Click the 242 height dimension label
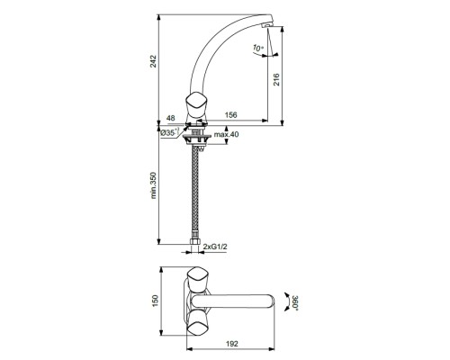pyautogui.click(x=154, y=61)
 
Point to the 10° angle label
pyautogui.click(x=258, y=48)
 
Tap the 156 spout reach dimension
pyautogui.click(x=232, y=115)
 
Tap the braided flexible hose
pyautogui.click(x=195, y=189)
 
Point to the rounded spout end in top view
pyautogui.click(x=272, y=300)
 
